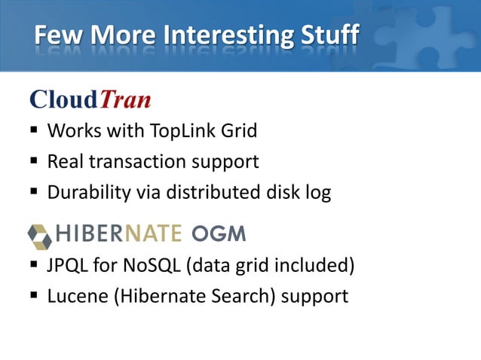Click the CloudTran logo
[x=90, y=99]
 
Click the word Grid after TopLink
[x=238, y=131]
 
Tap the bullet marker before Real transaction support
[x=34, y=162]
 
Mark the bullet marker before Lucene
[x=34, y=297]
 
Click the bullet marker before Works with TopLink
[x=34, y=131]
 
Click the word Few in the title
[x=54, y=35]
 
